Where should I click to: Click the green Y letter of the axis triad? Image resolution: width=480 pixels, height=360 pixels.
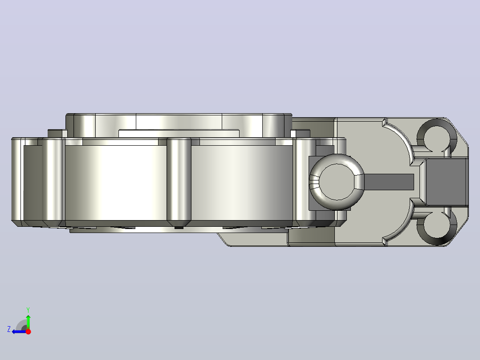tap(28, 310)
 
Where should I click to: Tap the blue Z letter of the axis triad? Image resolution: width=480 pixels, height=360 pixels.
tap(9, 329)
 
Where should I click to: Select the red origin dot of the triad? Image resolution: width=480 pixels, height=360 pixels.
tap(28, 331)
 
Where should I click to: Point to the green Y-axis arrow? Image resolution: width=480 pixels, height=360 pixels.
tap(28, 322)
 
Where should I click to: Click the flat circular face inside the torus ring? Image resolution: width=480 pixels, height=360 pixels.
tap(337, 182)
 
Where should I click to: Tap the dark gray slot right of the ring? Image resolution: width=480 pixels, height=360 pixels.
tap(389, 182)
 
